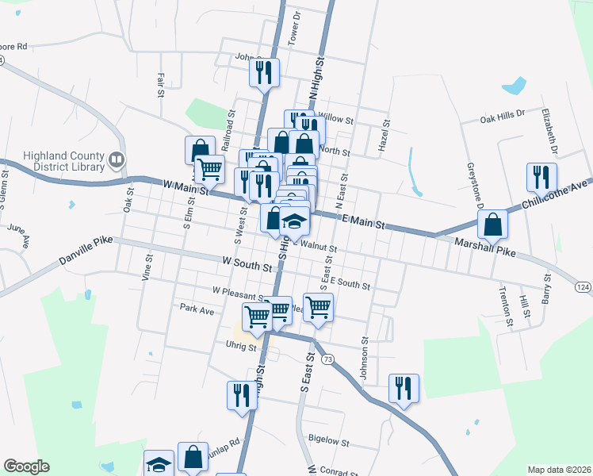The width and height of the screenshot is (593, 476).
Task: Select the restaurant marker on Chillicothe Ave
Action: pos(541,178)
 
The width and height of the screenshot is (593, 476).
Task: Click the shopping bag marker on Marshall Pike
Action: pos(492,224)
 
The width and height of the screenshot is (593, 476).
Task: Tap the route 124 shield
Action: pos(583,286)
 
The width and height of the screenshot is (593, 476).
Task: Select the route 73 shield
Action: pos(328,359)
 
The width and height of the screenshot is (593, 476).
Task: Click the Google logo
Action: pos(26,466)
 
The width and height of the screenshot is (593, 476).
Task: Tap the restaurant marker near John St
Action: pos(264,72)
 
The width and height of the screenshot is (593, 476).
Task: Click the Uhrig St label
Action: pos(241,347)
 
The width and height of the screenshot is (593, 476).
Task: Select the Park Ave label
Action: pos(197,309)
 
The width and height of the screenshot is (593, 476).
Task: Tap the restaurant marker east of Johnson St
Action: pos(404,388)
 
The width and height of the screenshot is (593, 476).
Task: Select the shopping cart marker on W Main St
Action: pos(209,168)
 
